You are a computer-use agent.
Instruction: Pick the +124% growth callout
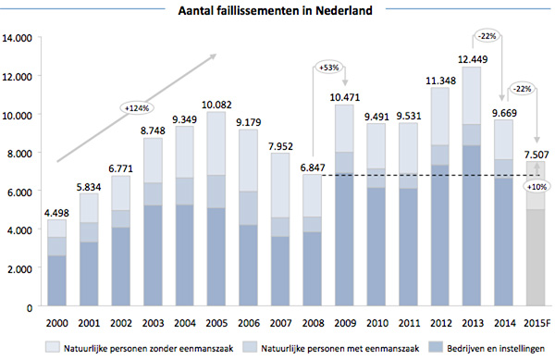[139, 107]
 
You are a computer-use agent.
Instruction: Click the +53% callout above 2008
[329, 68]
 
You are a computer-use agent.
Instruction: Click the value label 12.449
[471, 59]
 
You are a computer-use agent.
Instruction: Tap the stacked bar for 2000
[57, 264]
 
